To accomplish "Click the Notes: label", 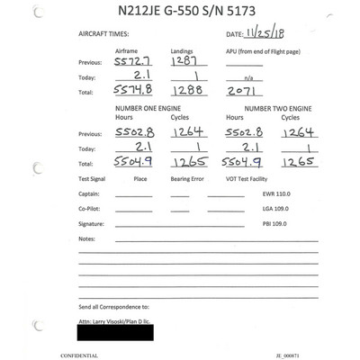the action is pyautogui.click(x=86, y=238).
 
